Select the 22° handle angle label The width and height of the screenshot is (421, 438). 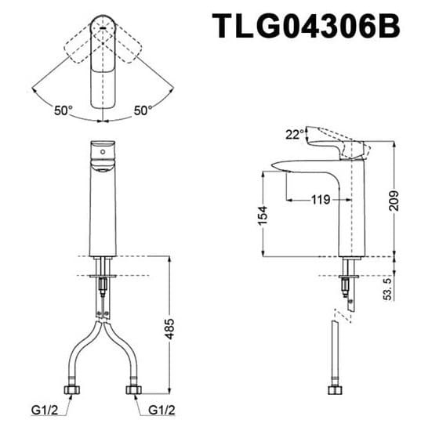pos(294,136)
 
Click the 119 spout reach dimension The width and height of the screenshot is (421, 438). pos(319,200)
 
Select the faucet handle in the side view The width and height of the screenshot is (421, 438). pos(338,145)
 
